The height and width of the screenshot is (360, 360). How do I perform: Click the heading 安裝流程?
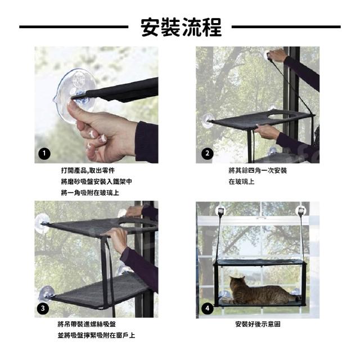point(181,27)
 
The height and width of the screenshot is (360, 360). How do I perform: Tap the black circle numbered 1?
point(44,154)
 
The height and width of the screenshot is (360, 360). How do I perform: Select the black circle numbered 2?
point(208,154)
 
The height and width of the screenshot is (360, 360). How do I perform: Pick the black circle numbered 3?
point(43,308)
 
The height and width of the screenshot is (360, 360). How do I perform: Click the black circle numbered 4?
point(208,308)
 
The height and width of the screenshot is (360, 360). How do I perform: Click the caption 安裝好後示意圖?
point(258,324)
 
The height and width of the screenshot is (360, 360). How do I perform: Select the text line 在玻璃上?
point(241,182)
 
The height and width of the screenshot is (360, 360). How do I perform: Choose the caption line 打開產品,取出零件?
point(88,170)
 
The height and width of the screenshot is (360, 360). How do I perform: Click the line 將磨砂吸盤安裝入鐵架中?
point(96,182)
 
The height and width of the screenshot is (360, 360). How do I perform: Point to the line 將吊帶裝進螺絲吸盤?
point(87,324)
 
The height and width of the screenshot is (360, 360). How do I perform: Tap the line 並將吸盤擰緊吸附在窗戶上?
point(96,335)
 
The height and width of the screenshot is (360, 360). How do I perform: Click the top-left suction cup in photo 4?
point(220,210)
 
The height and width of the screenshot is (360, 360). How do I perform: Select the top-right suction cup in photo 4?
point(301,210)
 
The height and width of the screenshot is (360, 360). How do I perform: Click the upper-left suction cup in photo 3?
point(42,223)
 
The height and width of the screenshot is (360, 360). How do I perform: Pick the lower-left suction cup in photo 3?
point(47,294)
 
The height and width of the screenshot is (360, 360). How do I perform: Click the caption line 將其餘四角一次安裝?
point(258,170)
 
